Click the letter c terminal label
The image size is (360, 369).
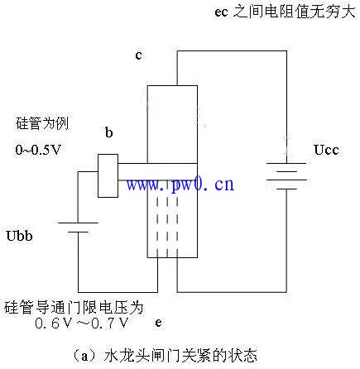click(138, 55)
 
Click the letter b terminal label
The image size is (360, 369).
click(109, 132)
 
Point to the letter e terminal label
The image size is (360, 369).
click(158, 323)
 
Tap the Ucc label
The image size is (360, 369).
click(326, 150)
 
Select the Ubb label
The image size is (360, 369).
click(19, 236)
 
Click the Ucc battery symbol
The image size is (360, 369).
click(286, 176)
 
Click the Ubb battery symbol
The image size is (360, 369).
click(78, 228)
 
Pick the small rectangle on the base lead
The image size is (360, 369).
click(108, 175)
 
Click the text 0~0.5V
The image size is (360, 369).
click(38, 150)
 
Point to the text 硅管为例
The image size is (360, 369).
click(42, 123)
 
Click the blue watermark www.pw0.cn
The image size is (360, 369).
click(180, 184)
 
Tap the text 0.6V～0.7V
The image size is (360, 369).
click(82, 323)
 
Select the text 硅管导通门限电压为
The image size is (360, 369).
click(74, 308)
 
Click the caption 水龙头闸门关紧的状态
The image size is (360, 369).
click(180, 356)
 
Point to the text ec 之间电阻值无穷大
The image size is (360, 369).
click(285, 12)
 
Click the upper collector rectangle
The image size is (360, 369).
click(172, 124)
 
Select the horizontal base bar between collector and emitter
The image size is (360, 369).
click(157, 172)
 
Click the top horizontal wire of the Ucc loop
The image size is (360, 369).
click(232, 51)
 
